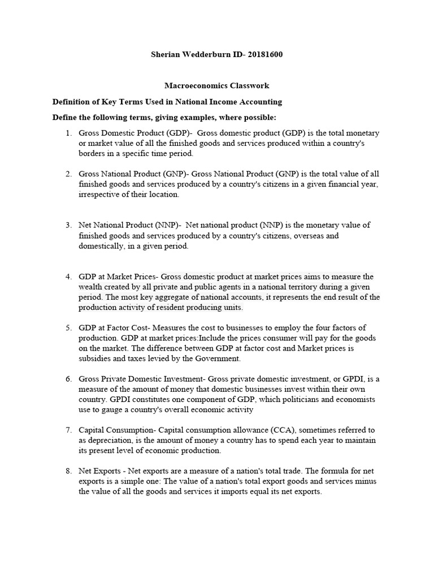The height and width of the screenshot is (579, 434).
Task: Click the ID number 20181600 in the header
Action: (x=262, y=55)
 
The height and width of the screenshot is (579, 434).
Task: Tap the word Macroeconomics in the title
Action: (x=196, y=86)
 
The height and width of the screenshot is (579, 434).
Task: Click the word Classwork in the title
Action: (x=249, y=86)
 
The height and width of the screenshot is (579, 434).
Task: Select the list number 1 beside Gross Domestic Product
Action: (x=68, y=133)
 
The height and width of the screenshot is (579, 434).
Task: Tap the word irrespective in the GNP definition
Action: (x=99, y=194)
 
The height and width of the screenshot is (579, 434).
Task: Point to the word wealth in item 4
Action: (x=91, y=287)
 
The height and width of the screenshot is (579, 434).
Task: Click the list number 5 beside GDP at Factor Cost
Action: (x=68, y=328)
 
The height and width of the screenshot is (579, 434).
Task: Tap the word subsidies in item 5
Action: (x=96, y=358)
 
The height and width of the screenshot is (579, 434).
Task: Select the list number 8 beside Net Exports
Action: (x=68, y=471)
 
